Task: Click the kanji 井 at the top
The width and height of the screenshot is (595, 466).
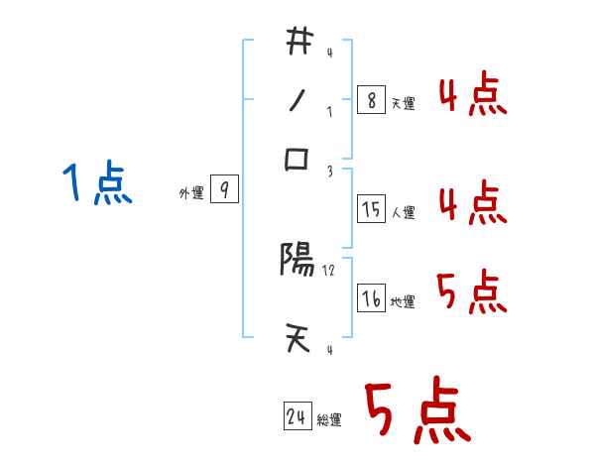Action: (298, 43)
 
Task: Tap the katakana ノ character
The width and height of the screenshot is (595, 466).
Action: (298, 101)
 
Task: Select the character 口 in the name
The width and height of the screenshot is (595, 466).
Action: (298, 160)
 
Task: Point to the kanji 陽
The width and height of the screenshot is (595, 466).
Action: (297, 261)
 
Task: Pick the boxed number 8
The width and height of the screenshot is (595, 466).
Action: (371, 100)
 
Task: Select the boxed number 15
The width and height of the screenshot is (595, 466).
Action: (371, 209)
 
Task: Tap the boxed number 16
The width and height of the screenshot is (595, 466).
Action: (371, 298)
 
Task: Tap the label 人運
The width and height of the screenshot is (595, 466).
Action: (404, 212)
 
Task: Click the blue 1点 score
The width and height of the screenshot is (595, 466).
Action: (96, 184)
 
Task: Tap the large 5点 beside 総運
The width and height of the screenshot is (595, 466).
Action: (416, 412)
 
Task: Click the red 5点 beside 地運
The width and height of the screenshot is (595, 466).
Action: (472, 292)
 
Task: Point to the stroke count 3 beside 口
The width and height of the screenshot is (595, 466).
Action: (330, 171)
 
